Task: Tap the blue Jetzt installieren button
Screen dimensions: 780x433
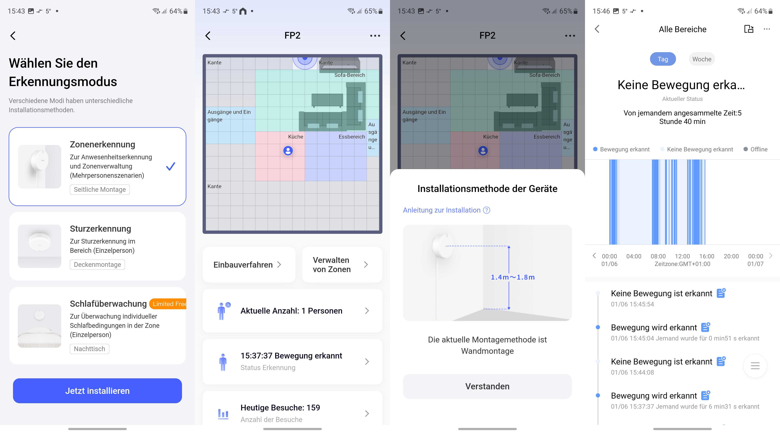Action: [x=97, y=391]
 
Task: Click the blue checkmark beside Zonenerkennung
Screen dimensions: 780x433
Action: [x=170, y=166]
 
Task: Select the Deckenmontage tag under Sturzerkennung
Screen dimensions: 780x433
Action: [x=97, y=264]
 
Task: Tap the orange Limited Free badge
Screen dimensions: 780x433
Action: [x=168, y=304]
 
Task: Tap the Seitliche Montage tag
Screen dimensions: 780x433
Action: [x=100, y=189]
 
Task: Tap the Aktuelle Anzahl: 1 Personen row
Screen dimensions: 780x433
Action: [x=292, y=311]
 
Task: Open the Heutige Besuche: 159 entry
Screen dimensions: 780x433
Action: [x=292, y=413]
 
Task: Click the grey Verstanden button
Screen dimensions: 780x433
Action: [x=487, y=386]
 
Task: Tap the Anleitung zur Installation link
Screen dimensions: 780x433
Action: [x=446, y=210]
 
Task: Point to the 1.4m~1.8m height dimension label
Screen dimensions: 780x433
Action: [x=513, y=277]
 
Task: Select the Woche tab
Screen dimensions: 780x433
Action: [x=702, y=59]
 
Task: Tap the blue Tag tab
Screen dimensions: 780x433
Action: [x=663, y=59]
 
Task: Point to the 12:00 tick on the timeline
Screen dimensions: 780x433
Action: [x=682, y=256]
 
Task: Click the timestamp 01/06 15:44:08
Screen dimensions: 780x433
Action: [x=632, y=373]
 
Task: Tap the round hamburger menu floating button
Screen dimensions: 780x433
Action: [x=755, y=366]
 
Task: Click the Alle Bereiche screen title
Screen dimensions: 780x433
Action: [x=682, y=29]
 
